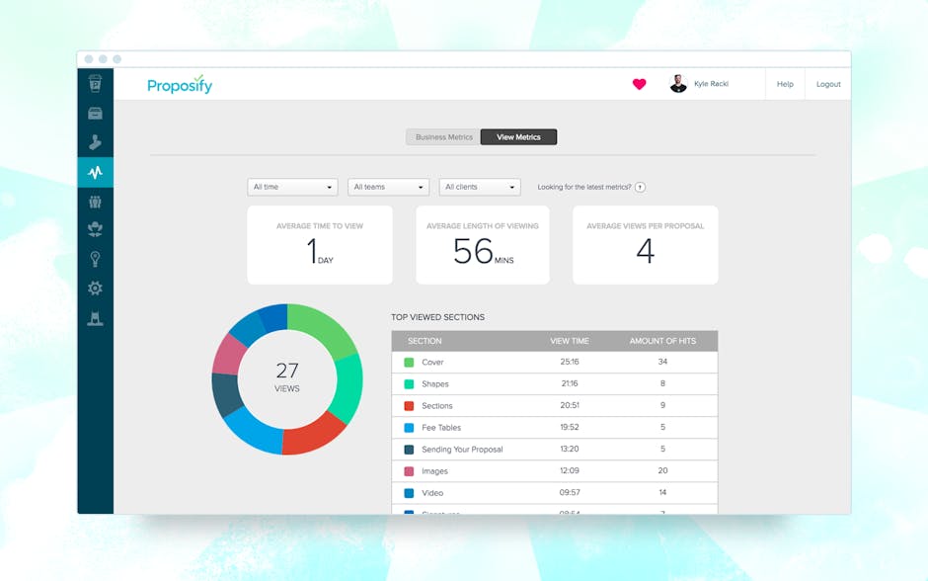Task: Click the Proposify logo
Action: tap(180, 85)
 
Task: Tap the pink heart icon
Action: tap(639, 84)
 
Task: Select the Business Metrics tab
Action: tap(443, 137)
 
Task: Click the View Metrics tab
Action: tap(518, 137)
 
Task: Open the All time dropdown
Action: tap(292, 187)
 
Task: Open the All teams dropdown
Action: tap(388, 187)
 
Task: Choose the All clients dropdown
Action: tap(480, 187)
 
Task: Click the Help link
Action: tap(785, 84)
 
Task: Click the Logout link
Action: tap(828, 84)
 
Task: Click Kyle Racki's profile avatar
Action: tap(678, 84)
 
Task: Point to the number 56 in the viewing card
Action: tap(473, 252)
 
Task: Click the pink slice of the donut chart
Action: tap(229, 354)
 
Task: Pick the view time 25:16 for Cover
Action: tap(570, 363)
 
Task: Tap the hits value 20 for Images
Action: tap(662, 471)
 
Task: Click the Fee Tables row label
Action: tap(441, 428)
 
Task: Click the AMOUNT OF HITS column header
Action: tap(662, 341)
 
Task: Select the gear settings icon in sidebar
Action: tap(95, 289)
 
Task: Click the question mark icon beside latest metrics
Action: tap(640, 187)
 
